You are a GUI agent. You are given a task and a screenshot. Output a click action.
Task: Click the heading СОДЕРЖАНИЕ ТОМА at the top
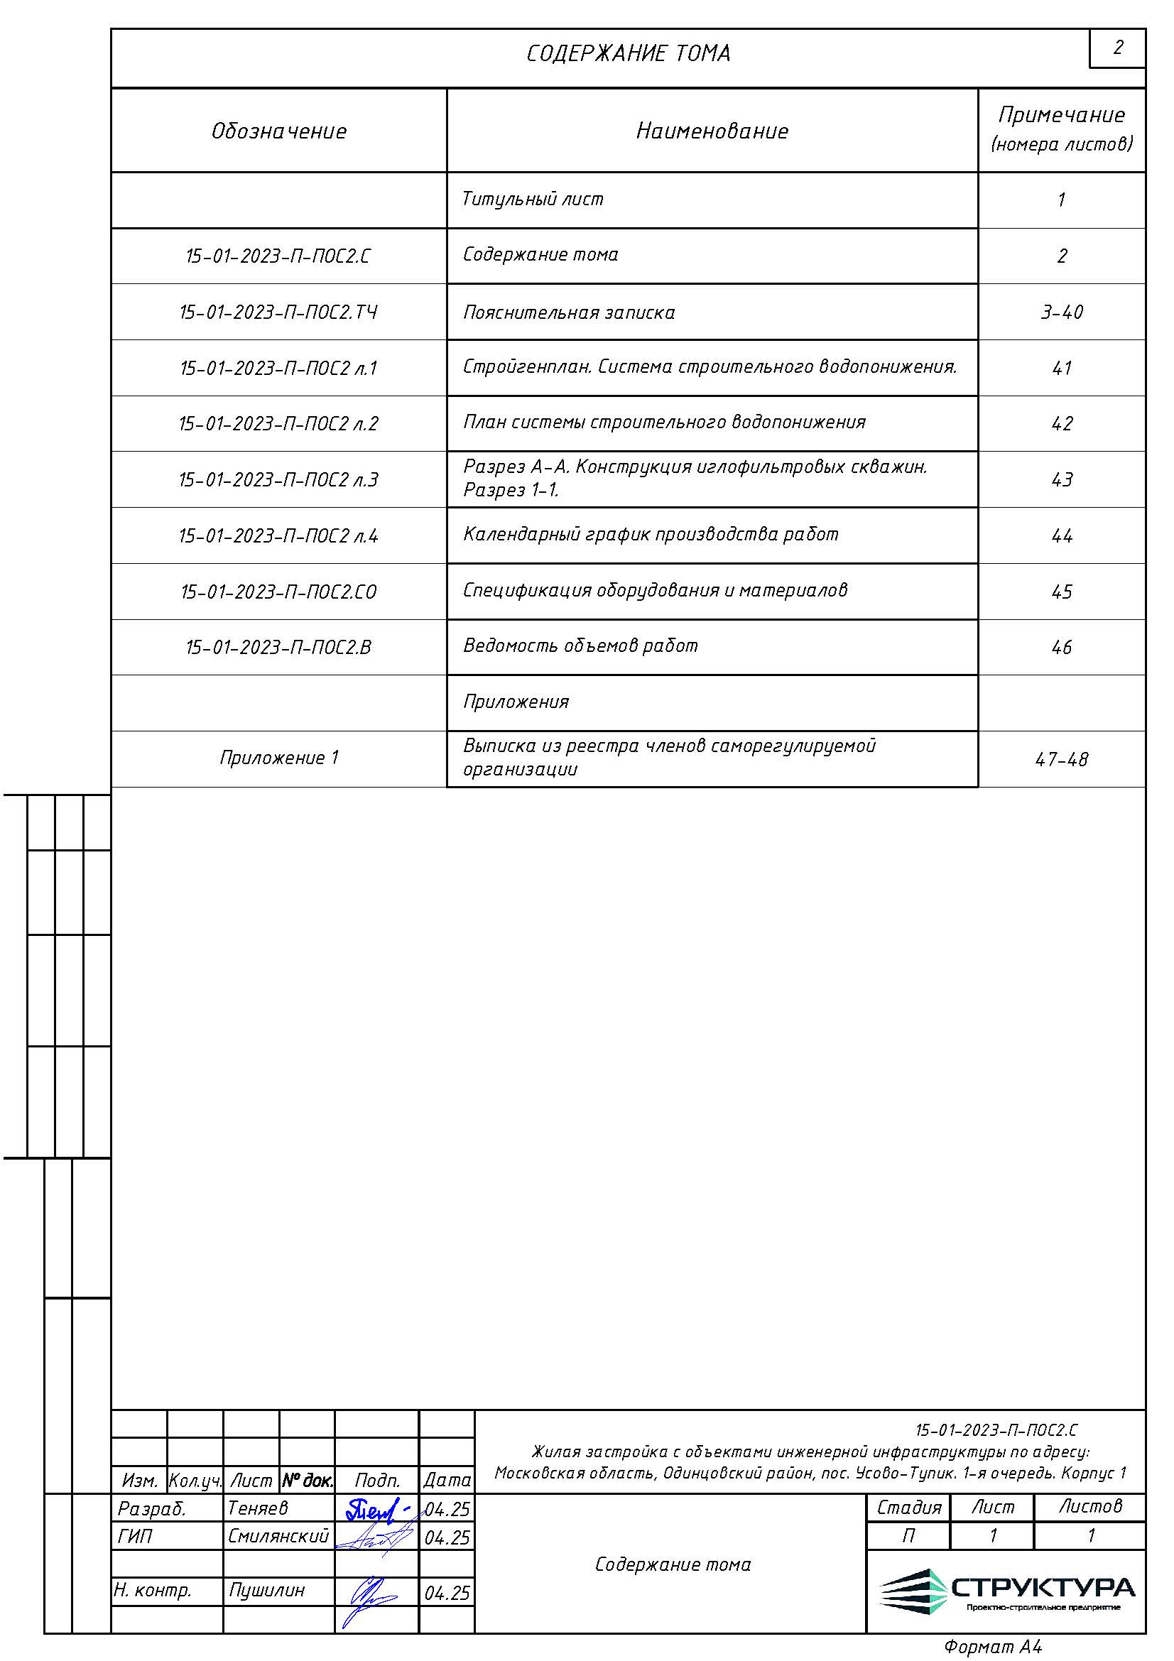tap(628, 53)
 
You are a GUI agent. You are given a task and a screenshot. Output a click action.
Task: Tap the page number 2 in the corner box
tap(1118, 48)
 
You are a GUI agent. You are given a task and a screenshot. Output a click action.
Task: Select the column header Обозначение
tap(278, 131)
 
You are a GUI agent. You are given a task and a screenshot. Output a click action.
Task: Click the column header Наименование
tap(712, 131)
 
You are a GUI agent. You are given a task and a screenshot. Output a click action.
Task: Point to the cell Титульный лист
tap(533, 199)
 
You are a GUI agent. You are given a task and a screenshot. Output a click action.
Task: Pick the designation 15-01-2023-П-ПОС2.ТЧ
tap(278, 312)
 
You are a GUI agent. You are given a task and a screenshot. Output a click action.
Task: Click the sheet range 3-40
tap(1061, 312)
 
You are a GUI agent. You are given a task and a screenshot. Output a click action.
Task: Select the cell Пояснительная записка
tap(569, 312)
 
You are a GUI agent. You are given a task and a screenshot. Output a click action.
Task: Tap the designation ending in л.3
tap(278, 479)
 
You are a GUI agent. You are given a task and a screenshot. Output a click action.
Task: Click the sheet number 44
tap(1061, 536)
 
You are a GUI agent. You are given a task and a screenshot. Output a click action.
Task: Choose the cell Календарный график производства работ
tap(651, 534)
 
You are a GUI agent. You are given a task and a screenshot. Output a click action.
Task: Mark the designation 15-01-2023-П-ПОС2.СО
tap(278, 592)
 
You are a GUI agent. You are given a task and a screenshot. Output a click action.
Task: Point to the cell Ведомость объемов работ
tap(580, 646)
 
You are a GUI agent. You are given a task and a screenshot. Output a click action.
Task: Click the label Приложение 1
tap(278, 758)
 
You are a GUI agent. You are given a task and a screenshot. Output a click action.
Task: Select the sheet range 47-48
tap(1061, 759)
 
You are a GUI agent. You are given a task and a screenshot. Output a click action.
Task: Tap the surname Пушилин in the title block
tap(267, 1590)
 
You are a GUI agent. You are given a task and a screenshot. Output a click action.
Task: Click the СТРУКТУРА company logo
tap(1006, 1591)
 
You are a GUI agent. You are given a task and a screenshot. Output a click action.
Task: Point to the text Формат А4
tap(992, 1647)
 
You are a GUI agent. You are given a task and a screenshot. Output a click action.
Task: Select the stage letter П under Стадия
tap(908, 1535)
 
